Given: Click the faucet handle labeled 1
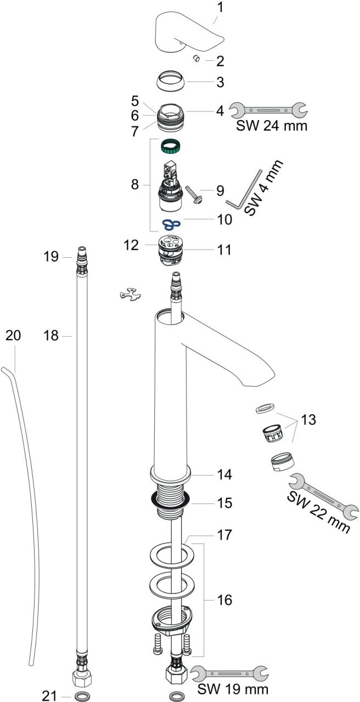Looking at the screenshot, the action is [x=189, y=33].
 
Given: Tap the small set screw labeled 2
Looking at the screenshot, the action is [x=198, y=59].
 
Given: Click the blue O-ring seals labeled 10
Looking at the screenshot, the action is [x=171, y=224].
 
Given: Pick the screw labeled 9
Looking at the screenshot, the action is [x=194, y=195].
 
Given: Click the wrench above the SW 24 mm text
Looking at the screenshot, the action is [x=268, y=110].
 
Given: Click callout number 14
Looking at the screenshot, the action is [x=224, y=474].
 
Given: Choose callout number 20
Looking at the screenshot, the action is [x=13, y=335].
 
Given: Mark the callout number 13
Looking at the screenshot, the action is [x=308, y=420].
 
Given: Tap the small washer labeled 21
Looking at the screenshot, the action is [x=82, y=697].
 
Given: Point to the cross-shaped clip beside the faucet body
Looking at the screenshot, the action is [x=130, y=295].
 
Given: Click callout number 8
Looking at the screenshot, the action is [x=135, y=184].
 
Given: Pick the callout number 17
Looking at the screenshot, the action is [x=224, y=535].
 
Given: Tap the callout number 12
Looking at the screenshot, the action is [x=131, y=245].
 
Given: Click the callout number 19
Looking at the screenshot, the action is [x=51, y=256].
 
